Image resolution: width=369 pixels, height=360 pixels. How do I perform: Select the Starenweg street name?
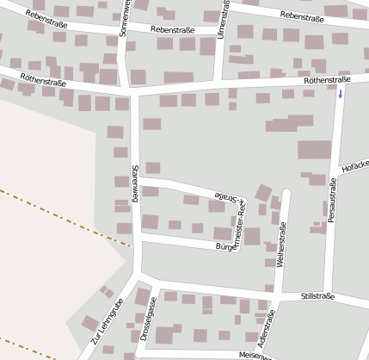pos(135,183)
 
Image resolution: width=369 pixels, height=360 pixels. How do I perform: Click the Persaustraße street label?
pos(332,202)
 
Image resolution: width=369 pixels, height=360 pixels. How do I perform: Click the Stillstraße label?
pos(318,296)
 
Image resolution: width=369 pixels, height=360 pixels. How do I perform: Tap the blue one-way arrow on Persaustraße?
pos(341,93)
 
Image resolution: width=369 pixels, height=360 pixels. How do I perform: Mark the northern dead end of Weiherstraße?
pos(286,191)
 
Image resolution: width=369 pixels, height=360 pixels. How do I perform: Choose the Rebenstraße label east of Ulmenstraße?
pos(302,16)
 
